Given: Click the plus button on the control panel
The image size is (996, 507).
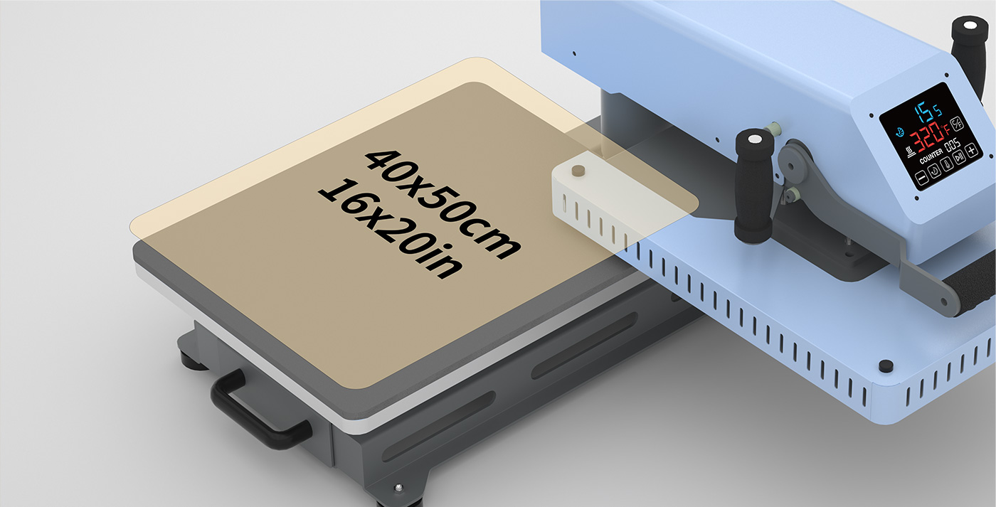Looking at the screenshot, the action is click(x=972, y=151).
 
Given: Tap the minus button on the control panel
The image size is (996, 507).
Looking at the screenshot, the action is click(x=922, y=178).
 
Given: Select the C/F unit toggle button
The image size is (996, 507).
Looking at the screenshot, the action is click(x=957, y=123).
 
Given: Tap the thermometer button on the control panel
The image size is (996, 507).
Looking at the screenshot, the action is click(x=947, y=164).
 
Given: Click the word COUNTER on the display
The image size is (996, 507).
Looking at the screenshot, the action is click(x=931, y=156).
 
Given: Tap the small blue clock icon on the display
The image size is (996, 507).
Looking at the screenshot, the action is click(x=900, y=132).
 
